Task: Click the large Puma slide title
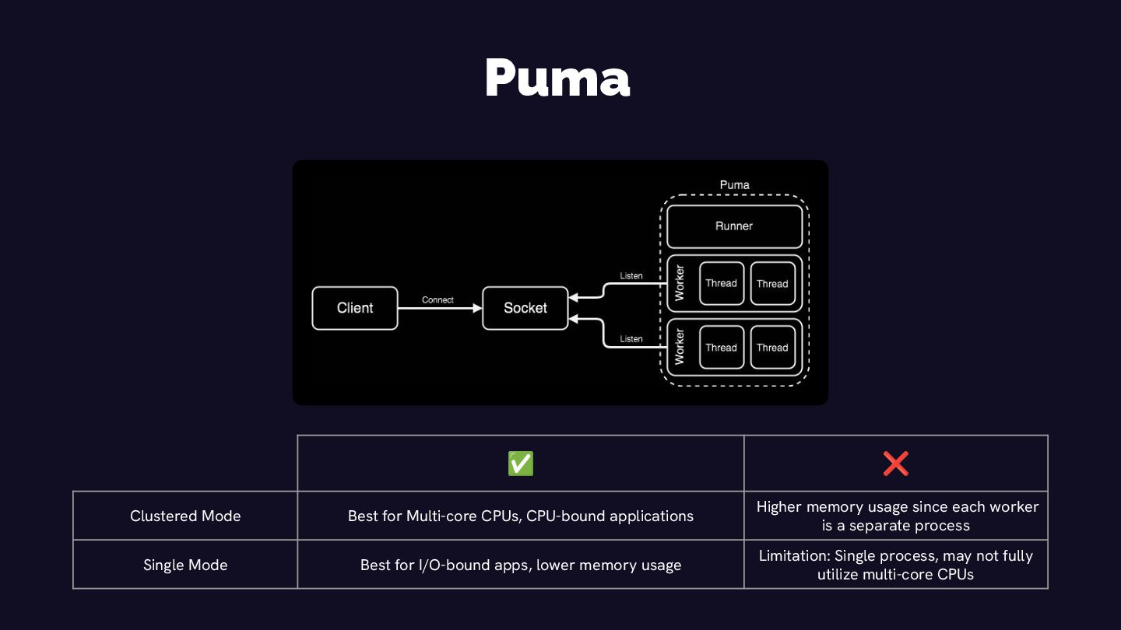[557, 78]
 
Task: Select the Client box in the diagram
[355, 308]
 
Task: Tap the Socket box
[525, 308]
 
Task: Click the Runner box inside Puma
[734, 226]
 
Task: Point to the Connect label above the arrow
[438, 300]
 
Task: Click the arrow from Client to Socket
[440, 309]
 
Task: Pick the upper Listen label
[631, 276]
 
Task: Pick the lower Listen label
[631, 339]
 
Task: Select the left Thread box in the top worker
[721, 283]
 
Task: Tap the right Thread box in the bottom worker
[772, 348]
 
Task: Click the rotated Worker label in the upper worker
[679, 283]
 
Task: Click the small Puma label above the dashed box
[734, 185]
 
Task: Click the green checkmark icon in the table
[521, 464]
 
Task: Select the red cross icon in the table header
[895, 464]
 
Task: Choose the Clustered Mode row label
[185, 516]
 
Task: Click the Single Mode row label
[185, 565]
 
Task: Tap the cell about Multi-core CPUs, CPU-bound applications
[521, 516]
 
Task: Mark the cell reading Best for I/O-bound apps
[521, 565]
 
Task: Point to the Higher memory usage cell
[896, 516]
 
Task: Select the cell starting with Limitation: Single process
[896, 565]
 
